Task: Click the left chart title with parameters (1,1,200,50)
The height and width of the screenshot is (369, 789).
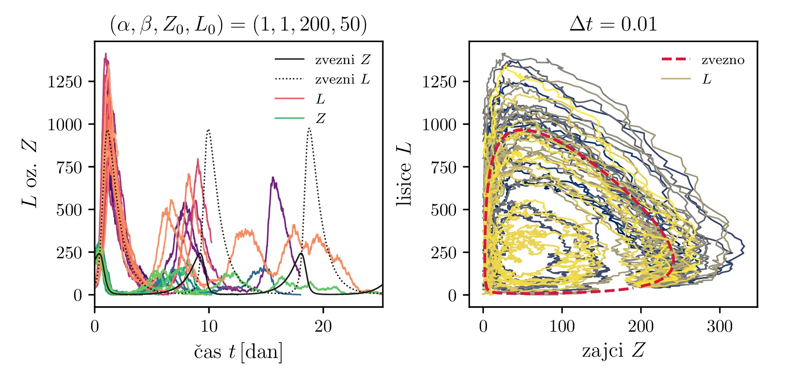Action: pos(238,25)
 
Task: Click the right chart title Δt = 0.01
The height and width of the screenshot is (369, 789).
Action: pos(613,25)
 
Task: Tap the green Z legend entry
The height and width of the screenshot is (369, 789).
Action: pos(320,118)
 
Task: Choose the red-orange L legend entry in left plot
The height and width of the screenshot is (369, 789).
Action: pos(320,99)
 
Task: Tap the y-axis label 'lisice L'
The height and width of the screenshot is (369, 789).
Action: pos(404,174)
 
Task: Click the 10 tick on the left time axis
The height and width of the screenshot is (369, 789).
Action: pos(209,327)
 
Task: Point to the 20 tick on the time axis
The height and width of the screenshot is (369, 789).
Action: pos(323,327)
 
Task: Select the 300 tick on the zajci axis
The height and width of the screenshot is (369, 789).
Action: pos(720,327)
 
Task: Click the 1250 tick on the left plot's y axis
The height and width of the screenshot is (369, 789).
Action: pos(64,81)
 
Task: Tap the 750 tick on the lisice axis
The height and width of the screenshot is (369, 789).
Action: pos(444,167)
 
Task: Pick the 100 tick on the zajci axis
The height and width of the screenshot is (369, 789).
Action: pos(562,327)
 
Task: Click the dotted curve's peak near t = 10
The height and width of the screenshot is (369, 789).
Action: pos(208,130)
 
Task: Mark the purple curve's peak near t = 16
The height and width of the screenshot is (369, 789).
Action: pos(273,177)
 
